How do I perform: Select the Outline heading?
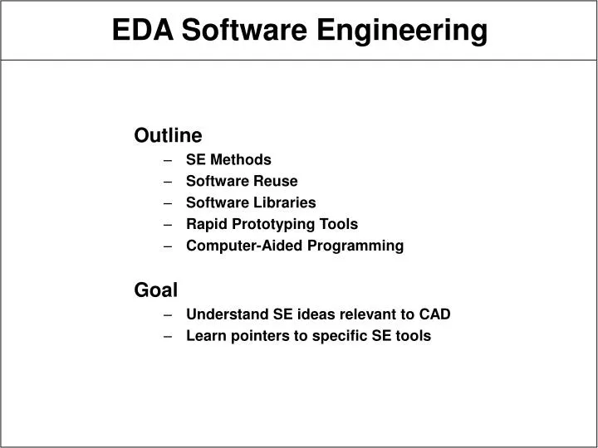click(168, 135)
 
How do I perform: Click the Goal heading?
click(156, 290)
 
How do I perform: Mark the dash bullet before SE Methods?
click(169, 159)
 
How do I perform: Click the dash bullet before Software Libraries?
click(169, 202)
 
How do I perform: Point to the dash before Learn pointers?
click(169, 335)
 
